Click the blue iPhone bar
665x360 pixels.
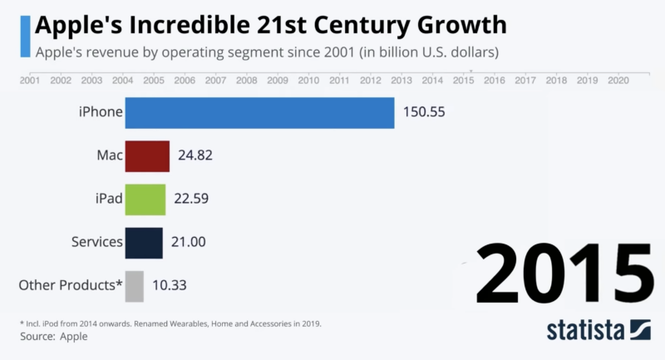tap(259, 112)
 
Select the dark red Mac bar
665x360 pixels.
tap(147, 155)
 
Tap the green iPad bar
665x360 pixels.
tap(145, 200)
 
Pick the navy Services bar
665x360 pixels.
tap(144, 243)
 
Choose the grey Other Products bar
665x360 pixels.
tap(135, 286)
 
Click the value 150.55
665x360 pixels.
tap(425, 112)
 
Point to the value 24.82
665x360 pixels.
tap(198, 155)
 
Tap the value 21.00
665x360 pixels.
tap(188, 243)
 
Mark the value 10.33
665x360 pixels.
tap(169, 286)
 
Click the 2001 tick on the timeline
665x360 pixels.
tap(30, 81)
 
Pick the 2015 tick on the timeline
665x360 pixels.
tap(463, 81)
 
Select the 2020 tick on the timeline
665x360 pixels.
tap(618, 81)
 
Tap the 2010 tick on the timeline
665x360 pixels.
tap(308, 81)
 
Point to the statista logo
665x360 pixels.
tap(598, 330)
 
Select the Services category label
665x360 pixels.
tap(97, 243)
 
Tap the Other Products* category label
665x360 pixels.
tap(71, 286)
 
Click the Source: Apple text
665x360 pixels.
tap(53, 337)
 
